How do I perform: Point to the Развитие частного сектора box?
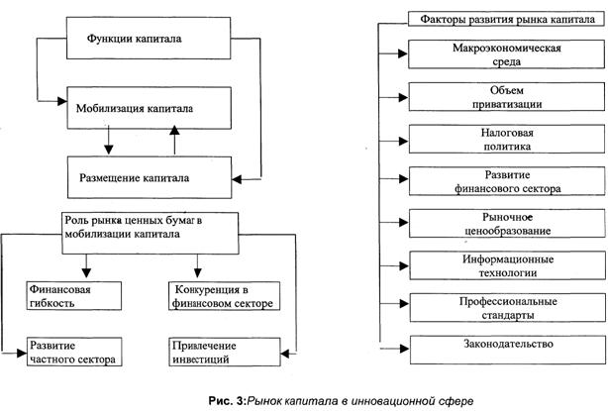74,352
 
